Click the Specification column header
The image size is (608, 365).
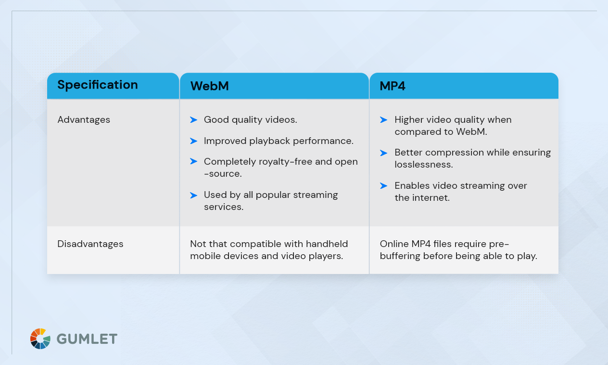coord(98,85)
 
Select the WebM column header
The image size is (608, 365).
coord(209,86)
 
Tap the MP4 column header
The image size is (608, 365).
coord(393,86)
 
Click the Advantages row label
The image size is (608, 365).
coord(84,120)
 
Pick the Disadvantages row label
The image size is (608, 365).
coord(90,244)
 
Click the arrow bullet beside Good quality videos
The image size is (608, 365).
coord(193,120)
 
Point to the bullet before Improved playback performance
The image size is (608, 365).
coord(193,141)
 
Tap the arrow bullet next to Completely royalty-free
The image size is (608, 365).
coord(193,162)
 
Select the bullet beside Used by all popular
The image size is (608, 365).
coord(193,195)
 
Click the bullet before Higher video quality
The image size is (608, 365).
coord(383,120)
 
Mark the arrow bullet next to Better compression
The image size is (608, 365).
coord(383,153)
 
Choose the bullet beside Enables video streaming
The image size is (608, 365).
coord(383,186)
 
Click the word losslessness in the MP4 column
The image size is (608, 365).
coord(423,165)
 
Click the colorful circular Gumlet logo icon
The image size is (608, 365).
coord(40,339)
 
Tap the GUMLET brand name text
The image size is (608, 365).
coord(87,339)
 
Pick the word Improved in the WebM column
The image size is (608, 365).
coord(225,141)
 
